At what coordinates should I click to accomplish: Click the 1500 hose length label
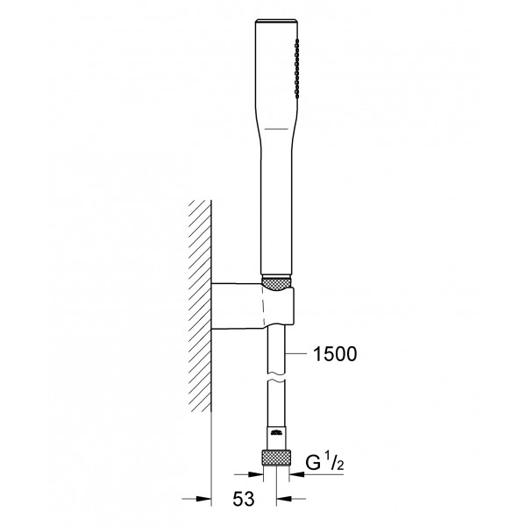(335, 354)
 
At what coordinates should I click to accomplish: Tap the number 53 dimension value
(244, 499)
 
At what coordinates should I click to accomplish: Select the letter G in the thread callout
(313, 463)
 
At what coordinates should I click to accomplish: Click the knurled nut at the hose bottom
(276, 458)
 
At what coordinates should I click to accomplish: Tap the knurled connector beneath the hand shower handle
(275, 283)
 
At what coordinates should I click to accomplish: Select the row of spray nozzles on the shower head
(296, 68)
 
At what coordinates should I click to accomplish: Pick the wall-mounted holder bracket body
(253, 306)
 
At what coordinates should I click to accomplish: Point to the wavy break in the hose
(276, 377)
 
